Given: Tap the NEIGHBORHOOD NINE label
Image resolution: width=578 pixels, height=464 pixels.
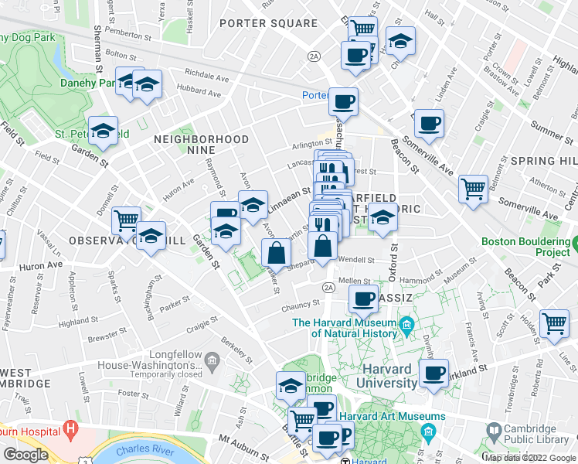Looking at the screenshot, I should point(202,140).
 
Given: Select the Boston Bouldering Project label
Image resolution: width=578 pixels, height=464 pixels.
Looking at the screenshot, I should point(529,247).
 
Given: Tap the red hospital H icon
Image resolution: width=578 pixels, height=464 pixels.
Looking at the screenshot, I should point(72,427).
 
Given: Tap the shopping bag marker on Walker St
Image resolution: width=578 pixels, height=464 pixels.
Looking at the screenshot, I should point(276,252).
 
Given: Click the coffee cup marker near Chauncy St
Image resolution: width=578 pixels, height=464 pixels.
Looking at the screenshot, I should point(363,298).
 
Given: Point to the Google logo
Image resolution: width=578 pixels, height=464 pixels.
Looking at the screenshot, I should point(25,455).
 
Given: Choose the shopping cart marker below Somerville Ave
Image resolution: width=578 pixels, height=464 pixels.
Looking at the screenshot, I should point(472,189).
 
